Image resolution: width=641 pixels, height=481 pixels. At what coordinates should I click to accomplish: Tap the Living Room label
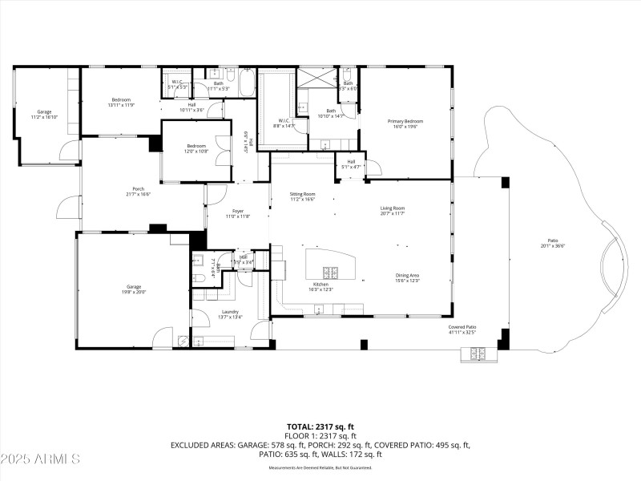point(392,210)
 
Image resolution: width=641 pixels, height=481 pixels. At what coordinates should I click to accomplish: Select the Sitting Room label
point(302,196)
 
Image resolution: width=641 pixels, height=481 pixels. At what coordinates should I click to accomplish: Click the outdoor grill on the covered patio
point(472,353)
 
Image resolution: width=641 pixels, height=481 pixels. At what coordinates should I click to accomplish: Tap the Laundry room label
point(230,314)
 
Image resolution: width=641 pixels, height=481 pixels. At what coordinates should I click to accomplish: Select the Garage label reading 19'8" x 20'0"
point(134,289)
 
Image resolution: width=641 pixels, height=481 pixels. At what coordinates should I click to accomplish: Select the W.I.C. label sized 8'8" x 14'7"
point(284,123)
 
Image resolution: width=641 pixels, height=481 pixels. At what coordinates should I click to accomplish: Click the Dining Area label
point(407,278)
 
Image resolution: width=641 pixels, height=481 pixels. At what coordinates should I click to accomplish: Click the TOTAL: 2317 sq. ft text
point(320,426)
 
